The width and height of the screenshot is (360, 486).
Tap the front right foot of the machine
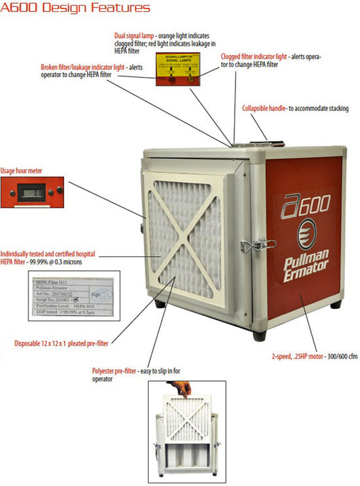(259, 334)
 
